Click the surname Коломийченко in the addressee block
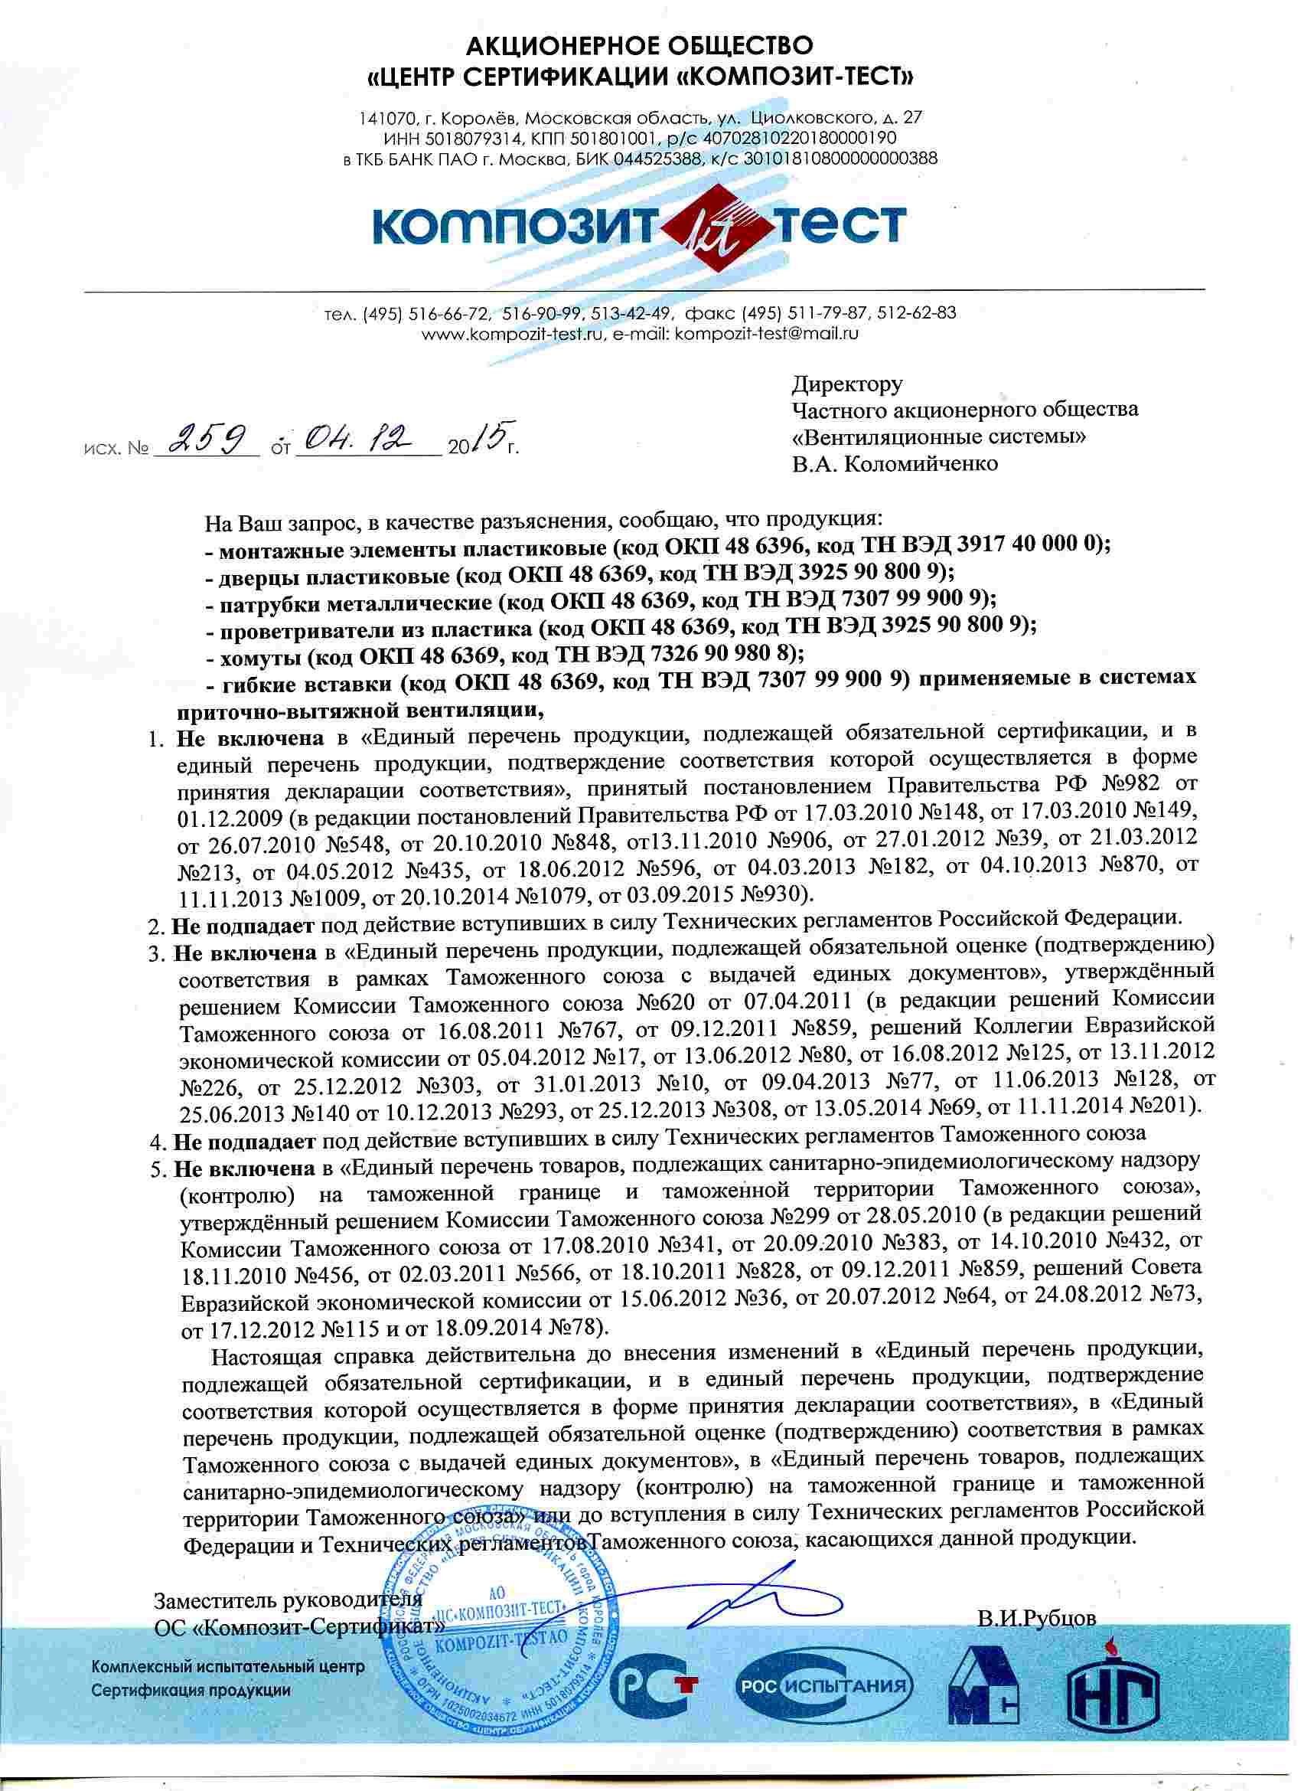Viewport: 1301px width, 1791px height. (x=921, y=463)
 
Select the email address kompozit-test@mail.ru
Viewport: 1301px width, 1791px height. (x=767, y=333)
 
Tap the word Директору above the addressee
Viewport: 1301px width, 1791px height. (x=847, y=384)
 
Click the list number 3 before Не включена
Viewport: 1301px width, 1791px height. (x=155, y=955)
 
